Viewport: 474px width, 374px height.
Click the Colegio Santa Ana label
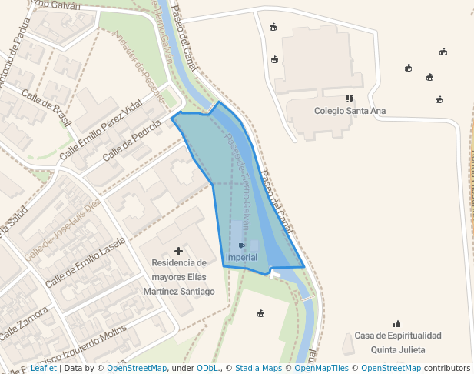click(350, 111)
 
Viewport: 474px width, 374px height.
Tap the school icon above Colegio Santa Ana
click(350, 99)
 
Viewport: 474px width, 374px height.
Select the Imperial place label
click(242, 257)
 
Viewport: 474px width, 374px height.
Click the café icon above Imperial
click(242, 246)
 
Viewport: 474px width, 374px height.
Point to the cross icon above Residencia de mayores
click(179, 251)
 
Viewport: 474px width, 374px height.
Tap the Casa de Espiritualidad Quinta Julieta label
click(397, 342)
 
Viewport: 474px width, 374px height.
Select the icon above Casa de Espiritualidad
click(397, 324)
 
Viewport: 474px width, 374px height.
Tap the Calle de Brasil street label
click(46, 109)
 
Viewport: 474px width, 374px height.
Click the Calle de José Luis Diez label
click(62, 229)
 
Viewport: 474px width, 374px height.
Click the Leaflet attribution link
click(43, 369)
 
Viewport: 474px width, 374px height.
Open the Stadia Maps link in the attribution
click(258, 369)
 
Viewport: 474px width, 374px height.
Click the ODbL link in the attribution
click(207, 369)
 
